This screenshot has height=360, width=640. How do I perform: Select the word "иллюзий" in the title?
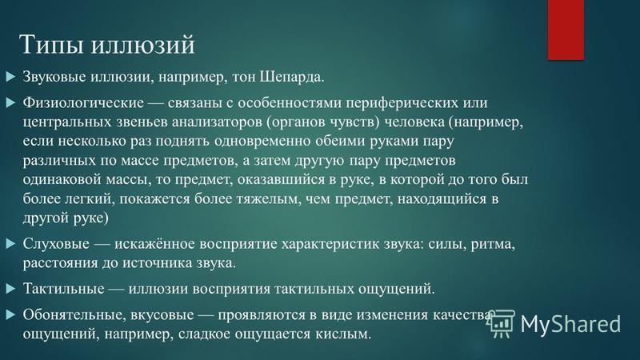[142, 44]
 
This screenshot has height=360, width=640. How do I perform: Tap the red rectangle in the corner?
[566, 30]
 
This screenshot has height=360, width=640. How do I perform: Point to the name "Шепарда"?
[292, 77]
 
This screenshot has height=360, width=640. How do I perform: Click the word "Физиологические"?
[83, 102]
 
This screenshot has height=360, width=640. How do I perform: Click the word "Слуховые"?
[56, 244]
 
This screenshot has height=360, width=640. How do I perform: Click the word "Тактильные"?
[63, 289]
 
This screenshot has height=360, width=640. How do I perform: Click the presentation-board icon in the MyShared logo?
[501, 324]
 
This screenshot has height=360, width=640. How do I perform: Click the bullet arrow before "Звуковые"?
[11, 77]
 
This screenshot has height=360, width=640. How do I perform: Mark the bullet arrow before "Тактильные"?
[11, 289]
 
